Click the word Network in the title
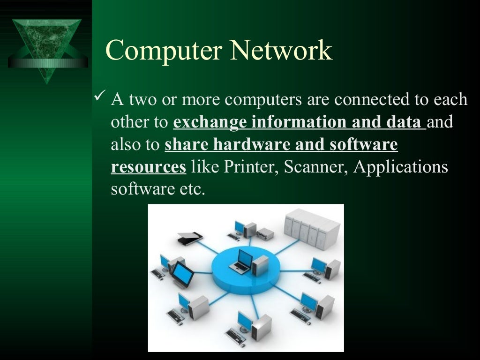coord(280,51)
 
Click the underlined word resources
coord(149,167)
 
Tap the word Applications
coord(401,167)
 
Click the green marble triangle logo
coord(47,47)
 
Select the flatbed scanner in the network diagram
coord(190,238)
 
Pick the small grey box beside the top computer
coord(265,233)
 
